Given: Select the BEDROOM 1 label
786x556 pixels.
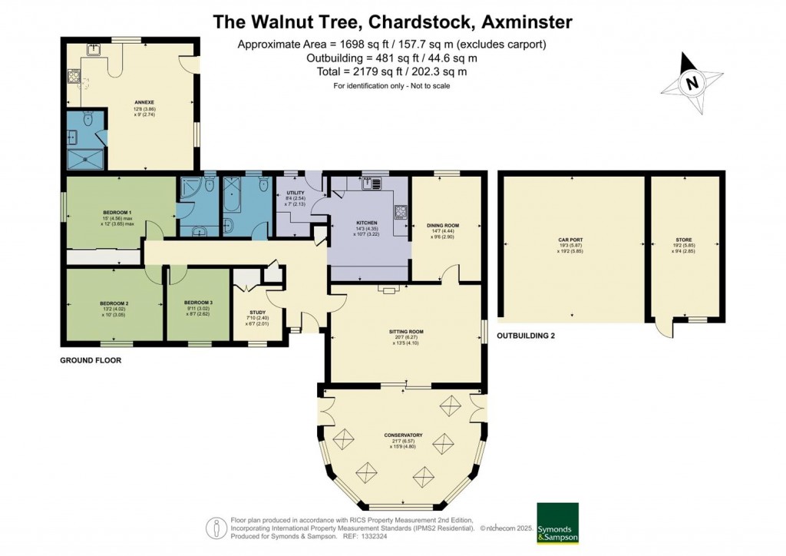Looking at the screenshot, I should point(118,212).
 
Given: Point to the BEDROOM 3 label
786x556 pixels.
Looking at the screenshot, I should point(198,303).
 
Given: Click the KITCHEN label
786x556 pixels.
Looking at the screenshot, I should point(367,223).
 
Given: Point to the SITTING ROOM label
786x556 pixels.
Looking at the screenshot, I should point(406,332).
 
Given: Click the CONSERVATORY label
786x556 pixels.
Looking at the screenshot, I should point(403,435).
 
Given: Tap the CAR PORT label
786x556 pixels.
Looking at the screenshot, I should point(570,240).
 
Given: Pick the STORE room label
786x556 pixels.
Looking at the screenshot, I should point(683,240).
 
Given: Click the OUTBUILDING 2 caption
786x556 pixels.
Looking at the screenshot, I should point(526,336).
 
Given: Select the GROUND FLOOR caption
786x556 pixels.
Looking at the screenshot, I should point(91,359).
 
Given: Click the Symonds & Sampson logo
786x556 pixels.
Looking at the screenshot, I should point(557,524).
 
